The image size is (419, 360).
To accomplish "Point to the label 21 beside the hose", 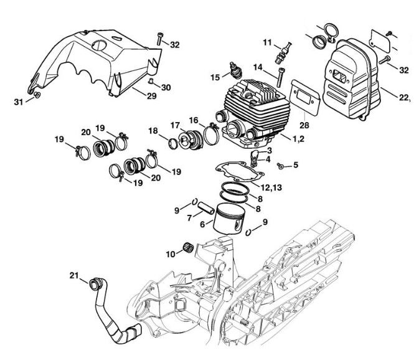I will [x=73, y=277].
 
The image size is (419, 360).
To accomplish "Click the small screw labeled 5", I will [x=281, y=166].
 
